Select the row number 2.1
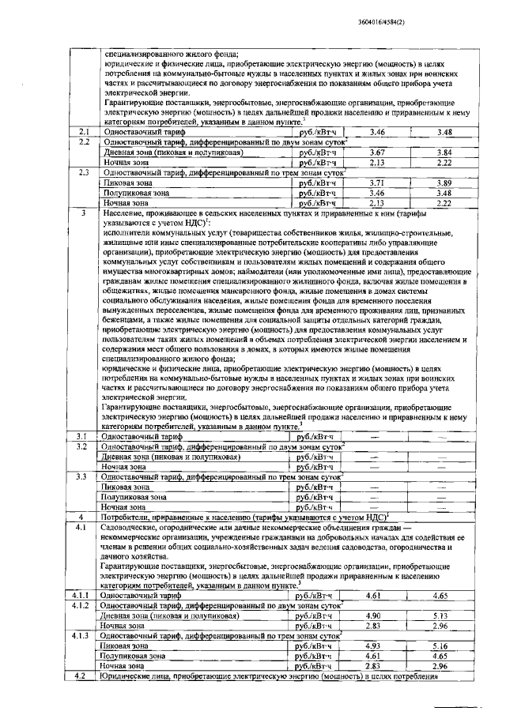(81, 131)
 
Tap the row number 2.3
(81, 171)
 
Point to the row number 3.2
(81, 446)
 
